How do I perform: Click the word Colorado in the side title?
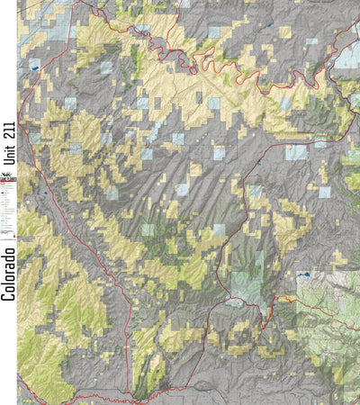(x=8, y=274)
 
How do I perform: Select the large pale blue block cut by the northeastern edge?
(x=347, y=56)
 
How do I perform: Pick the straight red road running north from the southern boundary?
(x=131, y=342)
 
